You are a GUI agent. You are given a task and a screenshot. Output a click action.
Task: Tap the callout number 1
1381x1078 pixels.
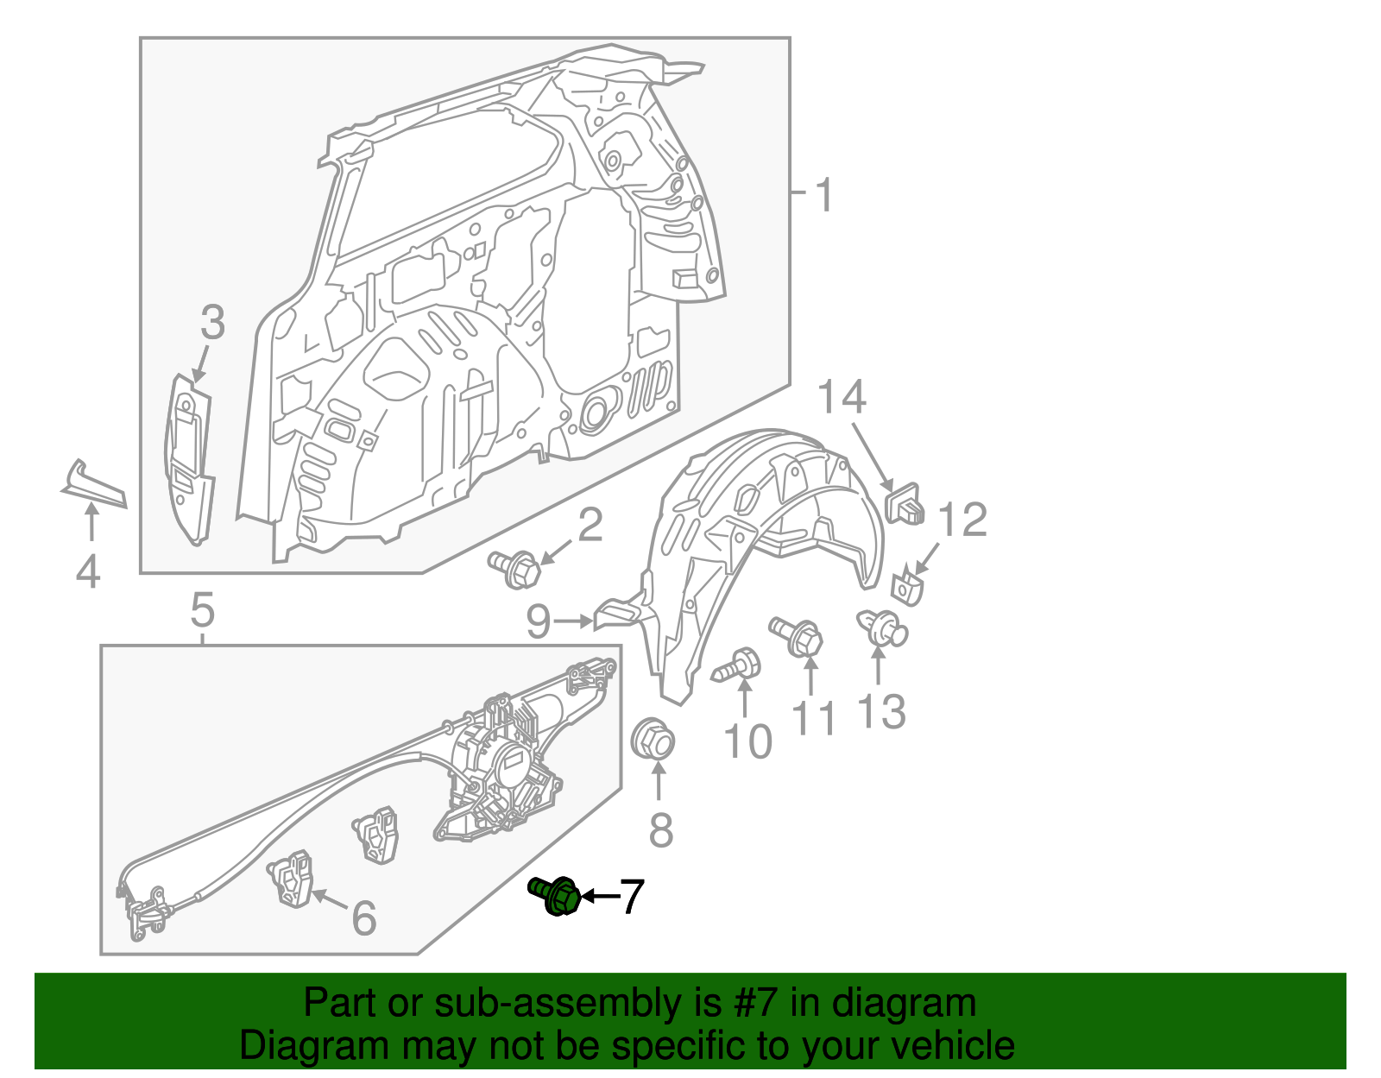824,195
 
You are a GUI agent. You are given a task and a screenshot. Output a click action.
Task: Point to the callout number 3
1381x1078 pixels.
211,323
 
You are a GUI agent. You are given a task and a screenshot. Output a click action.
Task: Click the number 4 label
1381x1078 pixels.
88,571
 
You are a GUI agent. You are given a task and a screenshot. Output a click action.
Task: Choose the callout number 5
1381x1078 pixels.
202,611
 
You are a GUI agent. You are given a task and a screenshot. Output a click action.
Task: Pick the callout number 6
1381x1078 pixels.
364,917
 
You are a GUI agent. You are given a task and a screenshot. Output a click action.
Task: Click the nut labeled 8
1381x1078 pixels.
654,741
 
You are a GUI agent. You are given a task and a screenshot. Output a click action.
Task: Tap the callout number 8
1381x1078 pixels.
660,830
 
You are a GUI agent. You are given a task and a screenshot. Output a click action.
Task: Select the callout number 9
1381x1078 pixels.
538,621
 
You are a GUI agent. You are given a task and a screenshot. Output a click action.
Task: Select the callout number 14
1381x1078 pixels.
842,397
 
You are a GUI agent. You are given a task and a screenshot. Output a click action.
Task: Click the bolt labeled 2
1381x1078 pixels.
515,568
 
